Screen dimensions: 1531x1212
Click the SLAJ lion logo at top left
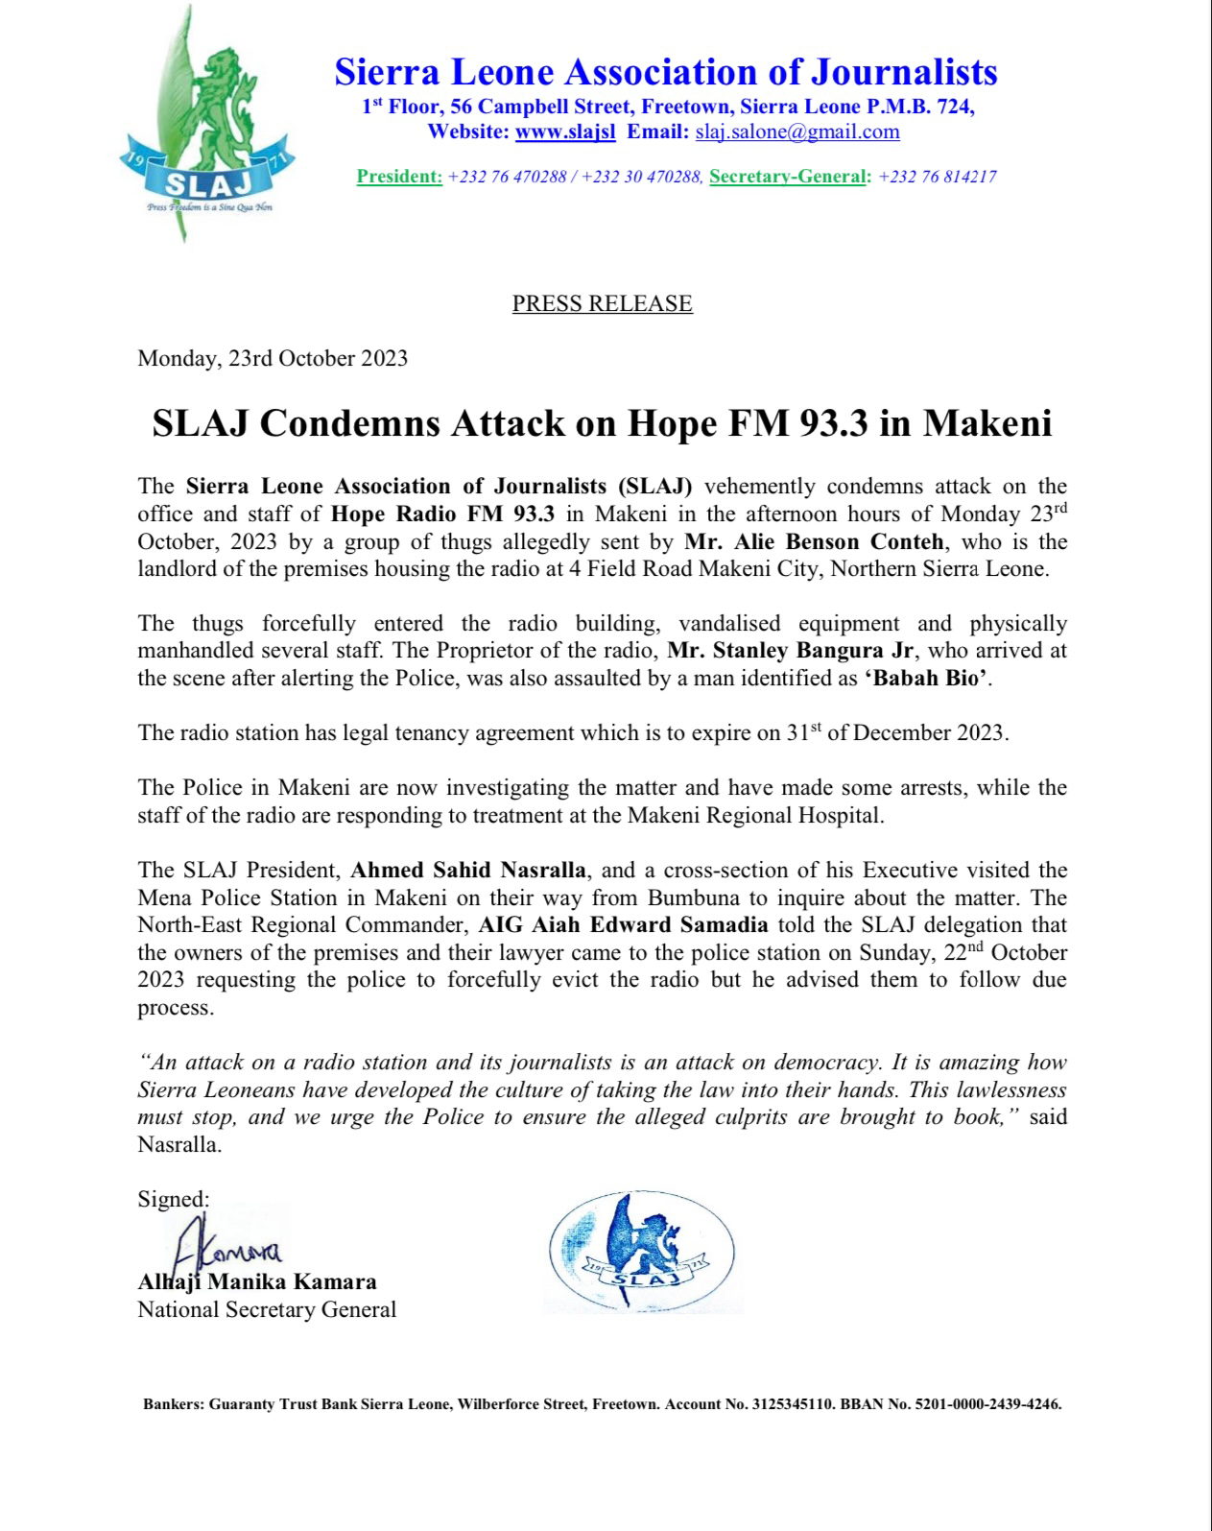[x=206, y=125]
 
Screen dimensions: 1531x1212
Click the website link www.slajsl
[x=565, y=132]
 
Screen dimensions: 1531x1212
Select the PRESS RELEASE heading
[x=602, y=303]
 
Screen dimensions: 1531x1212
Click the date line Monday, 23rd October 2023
[x=273, y=359]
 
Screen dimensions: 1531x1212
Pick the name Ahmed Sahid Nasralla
[x=467, y=871]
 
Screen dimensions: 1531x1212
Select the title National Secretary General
[x=267, y=1309]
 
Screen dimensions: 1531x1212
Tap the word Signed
[x=173, y=1199]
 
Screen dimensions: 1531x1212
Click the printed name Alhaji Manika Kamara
[x=257, y=1281]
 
